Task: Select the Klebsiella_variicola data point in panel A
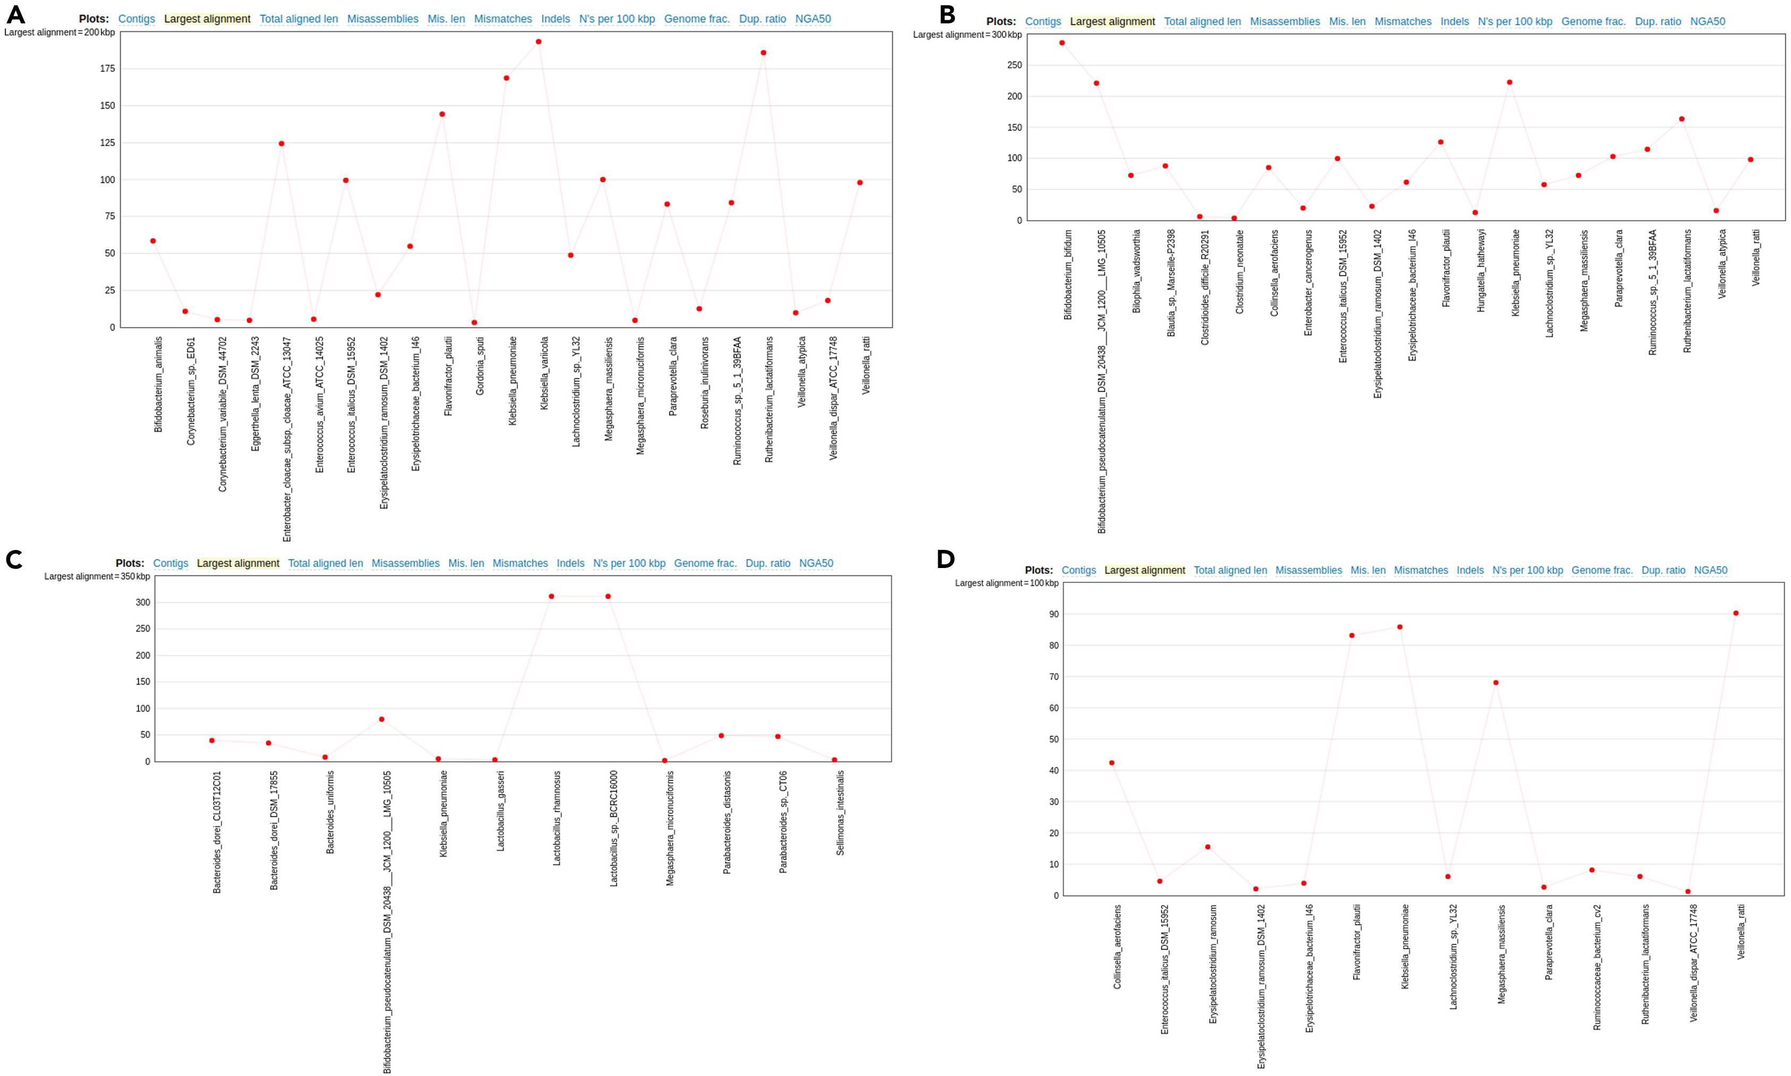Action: click(539, 42)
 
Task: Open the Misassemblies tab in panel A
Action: click(382, 19)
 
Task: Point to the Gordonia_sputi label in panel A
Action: click(480, 366)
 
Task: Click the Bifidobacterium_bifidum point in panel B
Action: click(1062, 43)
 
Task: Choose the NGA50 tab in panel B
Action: click(1708, 22)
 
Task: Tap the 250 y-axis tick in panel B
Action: click(1014, 65)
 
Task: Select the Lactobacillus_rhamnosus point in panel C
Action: click(551, 597)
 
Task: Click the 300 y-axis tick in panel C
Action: click(142, 603)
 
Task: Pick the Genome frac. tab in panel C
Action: click(704, 563)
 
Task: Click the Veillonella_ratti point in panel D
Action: click(1736, 613)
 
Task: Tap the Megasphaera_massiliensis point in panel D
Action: click(1495, 683)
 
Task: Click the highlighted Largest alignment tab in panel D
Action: click(1144, 571)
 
